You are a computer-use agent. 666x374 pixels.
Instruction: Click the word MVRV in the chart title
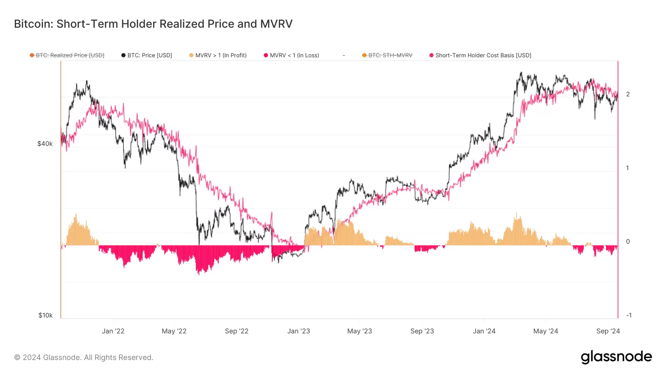pyautogui.click(x=276, y=24)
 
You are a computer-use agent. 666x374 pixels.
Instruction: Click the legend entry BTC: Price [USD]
pyautogui.click(x=149, y=55)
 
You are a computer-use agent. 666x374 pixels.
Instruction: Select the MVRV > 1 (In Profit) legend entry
pyautogui.click(x=221, y=55)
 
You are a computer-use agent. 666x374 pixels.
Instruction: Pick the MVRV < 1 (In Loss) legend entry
pyautogui.click(x=294, y=55)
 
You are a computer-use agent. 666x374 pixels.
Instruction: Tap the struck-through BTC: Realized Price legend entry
pyautogui.click(x=70, y=55)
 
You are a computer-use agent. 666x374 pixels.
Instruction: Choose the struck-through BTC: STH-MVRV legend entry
pyautogui.click(x=390, y=55)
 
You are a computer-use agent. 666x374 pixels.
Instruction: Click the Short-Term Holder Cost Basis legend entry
pyautogui.click(x=483, y=55)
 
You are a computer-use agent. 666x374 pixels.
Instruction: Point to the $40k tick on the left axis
pyautogui.click(x=45, y=144)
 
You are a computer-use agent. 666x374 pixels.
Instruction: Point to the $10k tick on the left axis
pyautogui.click(x=46, y=315)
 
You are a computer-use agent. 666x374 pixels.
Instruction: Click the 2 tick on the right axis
pyautogui.click(x=628, y=94)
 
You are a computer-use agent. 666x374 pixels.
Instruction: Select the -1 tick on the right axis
pyautogui.click(x=629, y=315)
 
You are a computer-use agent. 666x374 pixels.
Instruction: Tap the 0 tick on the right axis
pyautogui.click(x=628, y=242)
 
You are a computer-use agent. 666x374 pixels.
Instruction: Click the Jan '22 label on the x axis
pyautogui.click(x=113, y=331)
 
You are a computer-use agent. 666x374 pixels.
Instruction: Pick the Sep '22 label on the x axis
pyautogui.click(x=237, y=331)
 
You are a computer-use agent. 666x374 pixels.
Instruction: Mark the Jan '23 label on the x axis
pyautogui.click(x=299, y=331)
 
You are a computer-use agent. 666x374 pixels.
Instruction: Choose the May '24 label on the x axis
pyautogui.click(x=546, y=331)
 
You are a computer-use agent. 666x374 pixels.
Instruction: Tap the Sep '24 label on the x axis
pyautogui.click(x=608, y=331)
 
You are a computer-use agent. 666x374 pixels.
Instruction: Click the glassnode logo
pyautogui.click(x=616, y=357)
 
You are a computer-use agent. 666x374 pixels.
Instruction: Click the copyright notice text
pyautogui.click(x=84, y=358)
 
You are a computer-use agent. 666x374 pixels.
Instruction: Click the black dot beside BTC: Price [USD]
pyautogui.click(x=123, y=55)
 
